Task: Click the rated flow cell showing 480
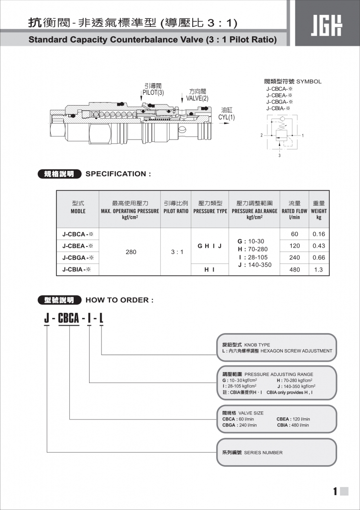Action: coord(294,269)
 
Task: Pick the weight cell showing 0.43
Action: coord(319,246)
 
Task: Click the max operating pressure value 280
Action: coord(130,252)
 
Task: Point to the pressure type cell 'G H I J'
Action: coord(210,246)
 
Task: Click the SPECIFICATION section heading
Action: coord(118,174)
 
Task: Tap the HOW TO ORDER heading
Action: coord(120,300)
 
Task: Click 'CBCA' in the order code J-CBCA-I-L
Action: coord(69,317)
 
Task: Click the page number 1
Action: coord(335,492)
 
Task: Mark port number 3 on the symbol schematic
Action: coord(279,155)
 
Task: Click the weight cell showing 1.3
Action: coord(319,269)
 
